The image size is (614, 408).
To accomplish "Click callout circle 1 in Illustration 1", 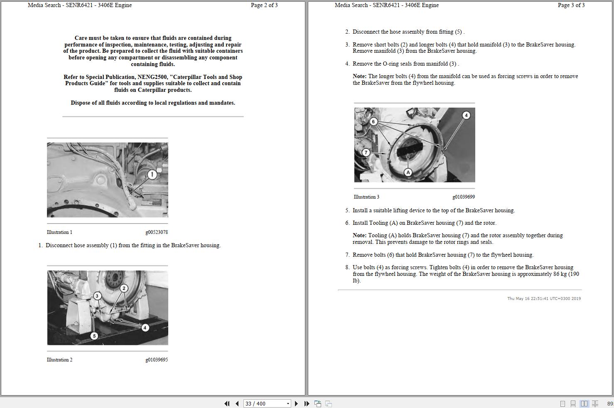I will [x=152, y=175].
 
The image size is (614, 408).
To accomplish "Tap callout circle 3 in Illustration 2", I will [x=97, y=296].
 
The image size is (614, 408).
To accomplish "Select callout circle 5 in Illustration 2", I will [x=94, y=336].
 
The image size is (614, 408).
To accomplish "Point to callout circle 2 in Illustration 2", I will [x=124, y=288].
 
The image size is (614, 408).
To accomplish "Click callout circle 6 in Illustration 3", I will [x=373, y=121].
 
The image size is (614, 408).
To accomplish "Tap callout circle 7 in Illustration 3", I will [x=366, y=152].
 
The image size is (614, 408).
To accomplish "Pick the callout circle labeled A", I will [x=408, y=172].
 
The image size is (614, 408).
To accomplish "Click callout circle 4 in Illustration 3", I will [x=466, y=115].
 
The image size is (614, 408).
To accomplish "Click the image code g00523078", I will [x=157, y=232].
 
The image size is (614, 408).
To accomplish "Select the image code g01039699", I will [x=464, y=197].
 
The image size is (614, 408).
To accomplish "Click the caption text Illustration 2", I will [x=59, y=360].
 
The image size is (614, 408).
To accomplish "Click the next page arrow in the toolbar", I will [x=296, y=403].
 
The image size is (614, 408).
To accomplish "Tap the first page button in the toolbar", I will [x=227, y=403].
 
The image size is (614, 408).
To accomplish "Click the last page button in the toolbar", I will [x=307, y=403].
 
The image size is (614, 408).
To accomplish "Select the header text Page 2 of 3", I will [x=264, y=5].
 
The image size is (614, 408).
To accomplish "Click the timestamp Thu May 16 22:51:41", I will [x=530, y=298].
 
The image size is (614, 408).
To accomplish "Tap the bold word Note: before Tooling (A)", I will [x=359, y=235].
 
